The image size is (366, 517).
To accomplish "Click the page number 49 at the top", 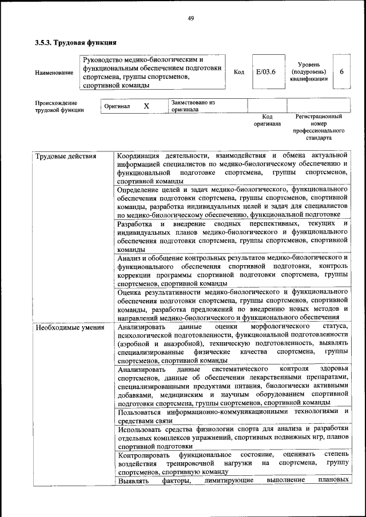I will pyautogui.click(x=191, y=19).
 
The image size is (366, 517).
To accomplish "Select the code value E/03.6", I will pyautogui.click(x=265, y=71).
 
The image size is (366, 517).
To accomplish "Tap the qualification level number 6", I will pyautogui.click(x=341, y=71).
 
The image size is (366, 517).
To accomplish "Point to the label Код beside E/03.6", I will pyautogui.click(x=239, y=72).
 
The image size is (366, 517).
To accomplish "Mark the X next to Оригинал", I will pyautogui.click(x=146, y=106).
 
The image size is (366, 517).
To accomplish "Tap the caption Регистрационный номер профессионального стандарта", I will pyautogui.click(x=319, y=127).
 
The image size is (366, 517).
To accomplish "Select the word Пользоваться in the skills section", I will pyautogui.click(x=140, y=412).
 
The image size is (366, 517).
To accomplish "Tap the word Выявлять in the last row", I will pyautogui.click(x=133, y=480).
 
